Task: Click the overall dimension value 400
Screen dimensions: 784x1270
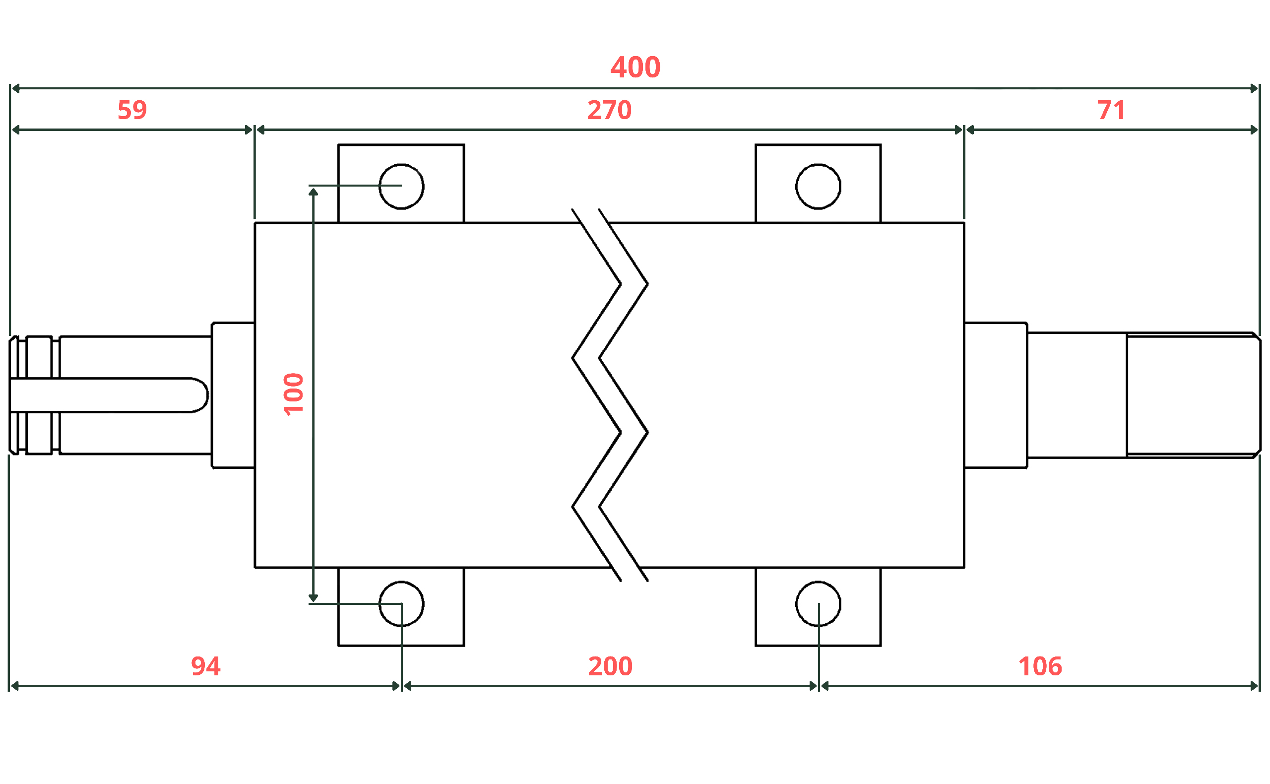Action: click(x=635, y=67)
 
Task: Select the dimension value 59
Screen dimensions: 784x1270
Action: click(x=132, y=111)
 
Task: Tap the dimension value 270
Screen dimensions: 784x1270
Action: click(x=609, y=111)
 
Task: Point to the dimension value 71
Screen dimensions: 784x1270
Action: click(x=1111, y=111)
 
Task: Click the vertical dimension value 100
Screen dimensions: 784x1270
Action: click(x=293, y=394)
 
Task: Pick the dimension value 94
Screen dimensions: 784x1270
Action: click(x=206, y=666)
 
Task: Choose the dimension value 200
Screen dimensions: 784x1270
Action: click(x=610, y=666)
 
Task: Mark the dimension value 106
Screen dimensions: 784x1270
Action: click(x=1040, y=666)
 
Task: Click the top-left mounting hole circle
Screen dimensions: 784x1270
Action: click(x=401, y=187)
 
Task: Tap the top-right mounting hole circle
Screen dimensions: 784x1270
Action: click(x=818, y=187)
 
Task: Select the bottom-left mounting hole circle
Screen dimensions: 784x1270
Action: click(x=401, y=603)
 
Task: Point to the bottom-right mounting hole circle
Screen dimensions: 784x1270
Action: click(x=818, y=603)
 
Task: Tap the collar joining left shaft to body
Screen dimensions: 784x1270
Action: click(x=233, y=395)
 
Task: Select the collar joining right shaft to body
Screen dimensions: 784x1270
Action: click(x=995, y=395)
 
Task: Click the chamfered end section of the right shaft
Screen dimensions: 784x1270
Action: click(x=1192, y=395)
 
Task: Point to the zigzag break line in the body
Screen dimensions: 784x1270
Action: click(x=610, y=395)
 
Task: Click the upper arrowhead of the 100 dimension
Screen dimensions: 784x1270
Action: click(x=313, y=192)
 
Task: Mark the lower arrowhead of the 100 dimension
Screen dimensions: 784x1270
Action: click(x=313, y=598)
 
